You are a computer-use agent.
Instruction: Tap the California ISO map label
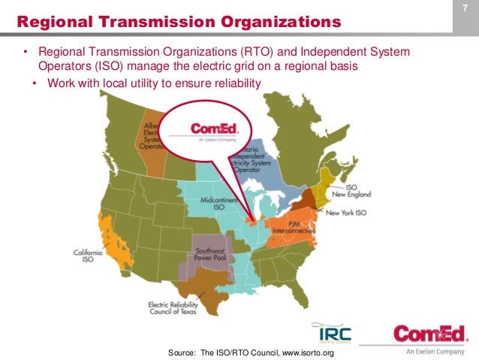88,256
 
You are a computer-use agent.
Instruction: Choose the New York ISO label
347,213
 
